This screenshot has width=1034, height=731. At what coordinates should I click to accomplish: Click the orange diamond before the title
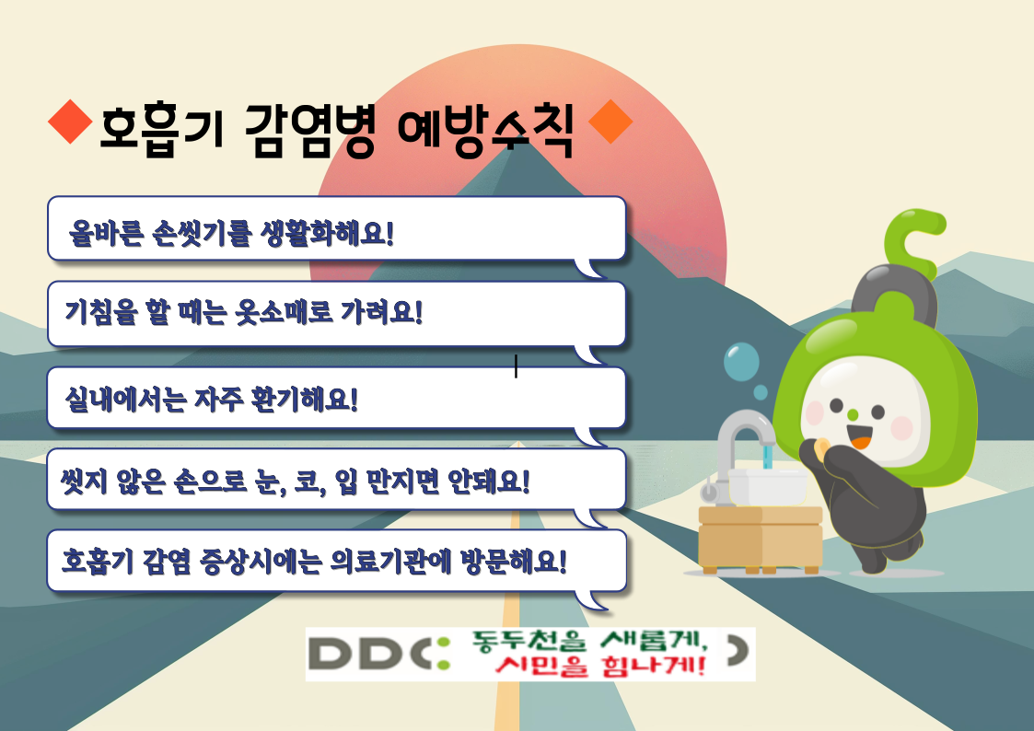71,122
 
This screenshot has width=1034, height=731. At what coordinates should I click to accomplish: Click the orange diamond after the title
610,122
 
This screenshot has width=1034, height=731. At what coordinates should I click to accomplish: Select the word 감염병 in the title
310,130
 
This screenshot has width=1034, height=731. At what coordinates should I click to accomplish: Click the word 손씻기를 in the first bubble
202,232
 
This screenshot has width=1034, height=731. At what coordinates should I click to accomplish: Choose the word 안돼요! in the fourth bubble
489,482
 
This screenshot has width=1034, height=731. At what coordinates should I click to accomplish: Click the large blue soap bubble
741,361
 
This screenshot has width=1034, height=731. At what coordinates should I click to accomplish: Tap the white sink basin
767,486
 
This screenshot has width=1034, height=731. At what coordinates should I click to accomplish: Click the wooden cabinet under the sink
761,539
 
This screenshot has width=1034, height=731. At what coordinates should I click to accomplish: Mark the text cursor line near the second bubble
516,366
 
